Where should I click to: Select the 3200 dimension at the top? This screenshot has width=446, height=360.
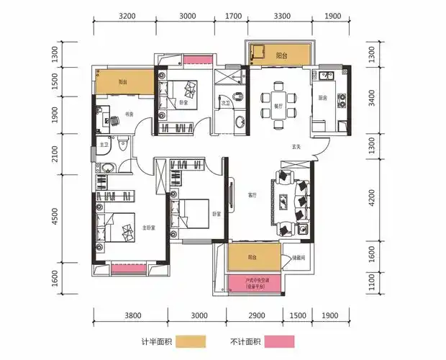click(127, 15)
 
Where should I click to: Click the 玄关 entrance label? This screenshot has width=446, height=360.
click(296, 148)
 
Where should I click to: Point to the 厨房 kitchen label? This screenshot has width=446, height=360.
click(323, 98)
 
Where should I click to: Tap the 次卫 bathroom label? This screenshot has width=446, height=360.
click(225, 103)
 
